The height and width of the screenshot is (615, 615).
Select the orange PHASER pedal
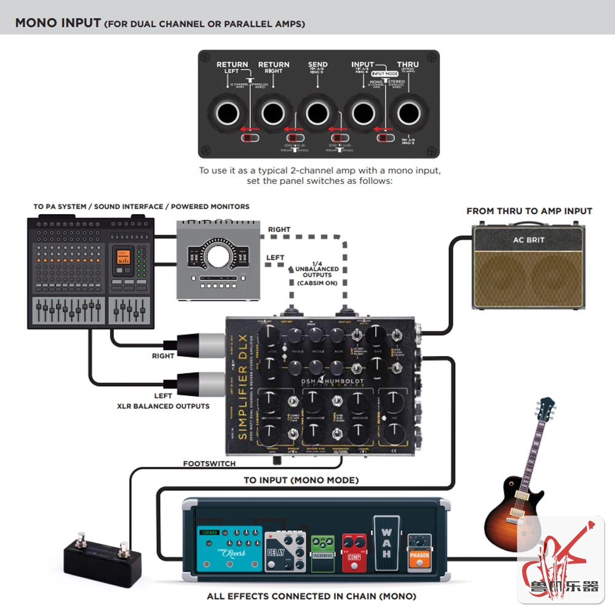coord(419,552)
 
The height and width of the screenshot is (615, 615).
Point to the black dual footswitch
coord(102,557)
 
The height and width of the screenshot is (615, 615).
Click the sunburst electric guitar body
coord(510,517)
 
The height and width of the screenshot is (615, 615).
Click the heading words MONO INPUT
coord(58,23)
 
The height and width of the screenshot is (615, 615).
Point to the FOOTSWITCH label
coord(209,464)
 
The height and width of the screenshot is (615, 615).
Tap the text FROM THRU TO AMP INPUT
coord(529,211)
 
